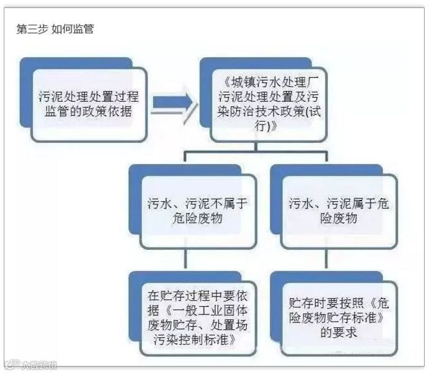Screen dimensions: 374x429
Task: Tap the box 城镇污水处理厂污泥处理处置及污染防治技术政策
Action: coord(269,104)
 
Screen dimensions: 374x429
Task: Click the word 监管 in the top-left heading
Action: coord(81,29)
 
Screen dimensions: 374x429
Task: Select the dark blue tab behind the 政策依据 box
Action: coord(37,65)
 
